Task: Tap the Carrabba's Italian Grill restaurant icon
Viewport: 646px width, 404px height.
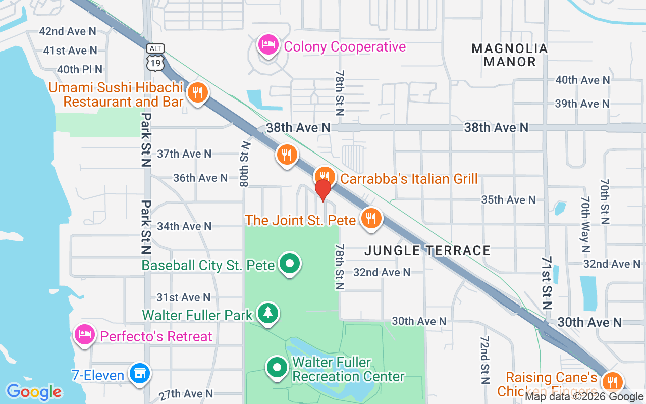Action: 324,176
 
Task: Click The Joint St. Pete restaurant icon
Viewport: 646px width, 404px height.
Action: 371,218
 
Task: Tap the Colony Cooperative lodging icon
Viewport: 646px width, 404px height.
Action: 268,45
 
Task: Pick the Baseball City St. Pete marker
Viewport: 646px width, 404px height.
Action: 290,264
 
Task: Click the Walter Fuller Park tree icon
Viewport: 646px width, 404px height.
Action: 268,313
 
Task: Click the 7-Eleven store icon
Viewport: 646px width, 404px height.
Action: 139,374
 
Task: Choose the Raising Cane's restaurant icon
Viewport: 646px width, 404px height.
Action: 613,381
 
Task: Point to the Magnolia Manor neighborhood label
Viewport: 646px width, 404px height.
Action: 510,55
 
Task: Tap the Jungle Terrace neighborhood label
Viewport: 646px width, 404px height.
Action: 427,250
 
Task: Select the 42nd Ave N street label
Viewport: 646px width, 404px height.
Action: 68,31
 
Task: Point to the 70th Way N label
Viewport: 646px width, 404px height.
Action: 585,224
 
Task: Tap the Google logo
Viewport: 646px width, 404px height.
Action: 34,391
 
